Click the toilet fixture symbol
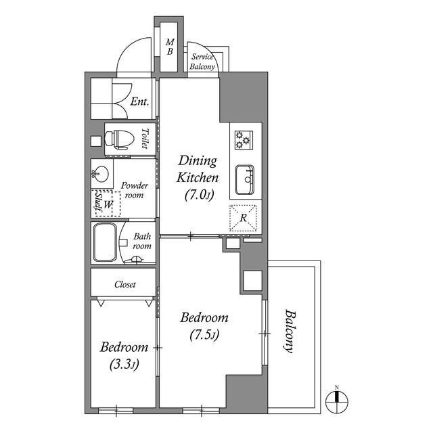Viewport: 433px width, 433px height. coord(119,140)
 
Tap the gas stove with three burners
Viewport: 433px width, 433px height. coord(244,140)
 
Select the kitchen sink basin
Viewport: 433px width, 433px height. coord(245,180)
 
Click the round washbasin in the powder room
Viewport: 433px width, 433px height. coord(100,174)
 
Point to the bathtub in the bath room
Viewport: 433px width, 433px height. coord(105,242)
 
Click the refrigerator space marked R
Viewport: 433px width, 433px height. coord(243,218)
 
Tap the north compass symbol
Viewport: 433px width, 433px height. coord(337,401)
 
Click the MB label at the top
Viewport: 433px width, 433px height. coord(170,47)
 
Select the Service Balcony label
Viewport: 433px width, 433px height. coord(202,62)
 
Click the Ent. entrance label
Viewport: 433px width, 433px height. coord(139,101)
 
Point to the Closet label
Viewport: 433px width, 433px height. coord(124,284)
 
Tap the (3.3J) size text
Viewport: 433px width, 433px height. coord(124,365)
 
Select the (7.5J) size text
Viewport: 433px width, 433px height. coord(204,336)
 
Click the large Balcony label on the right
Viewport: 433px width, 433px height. coord(290,332)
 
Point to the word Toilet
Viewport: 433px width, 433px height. coord(145,139)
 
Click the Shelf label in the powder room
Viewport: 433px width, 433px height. coord(98,202)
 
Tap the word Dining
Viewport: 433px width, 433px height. coord(198,161)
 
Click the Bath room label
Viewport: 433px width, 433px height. coord(142,241)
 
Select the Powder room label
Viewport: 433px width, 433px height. coord(134,190)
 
